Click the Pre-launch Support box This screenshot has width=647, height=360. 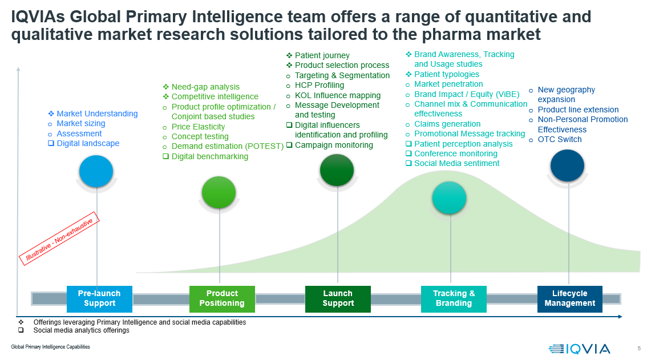click(x=99, y=299)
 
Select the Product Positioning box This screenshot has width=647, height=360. click(x=222, y=299)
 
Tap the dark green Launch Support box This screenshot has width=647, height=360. click(x=338, y=299)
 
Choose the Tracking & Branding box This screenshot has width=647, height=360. click(x=454, y=299)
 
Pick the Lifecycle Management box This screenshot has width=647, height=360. click(x=570, y=299)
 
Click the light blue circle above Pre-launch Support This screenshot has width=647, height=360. click(x=96, y=171)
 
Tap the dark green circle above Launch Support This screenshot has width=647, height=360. click(x=337, y=170)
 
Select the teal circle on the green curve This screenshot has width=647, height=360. click(x=450, y=198)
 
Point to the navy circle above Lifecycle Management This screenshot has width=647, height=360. click(x=567, y=165)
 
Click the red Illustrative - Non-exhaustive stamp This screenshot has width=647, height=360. click(x=59, y=238)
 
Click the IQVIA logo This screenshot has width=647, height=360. click(x=579, y=349)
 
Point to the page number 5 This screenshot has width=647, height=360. click(x=639, y=349)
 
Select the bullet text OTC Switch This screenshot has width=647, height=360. click(x=560, y=140)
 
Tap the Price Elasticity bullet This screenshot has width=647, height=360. click(x=198, y=127)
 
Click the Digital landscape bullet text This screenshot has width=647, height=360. click(x=88, y=143)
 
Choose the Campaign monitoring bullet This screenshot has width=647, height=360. click(x=334, y=145)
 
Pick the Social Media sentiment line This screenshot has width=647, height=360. click(x=457, y=164)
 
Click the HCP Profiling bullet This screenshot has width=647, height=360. click(x=320, y=86)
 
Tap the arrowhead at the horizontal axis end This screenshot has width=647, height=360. click(x=620, y=317)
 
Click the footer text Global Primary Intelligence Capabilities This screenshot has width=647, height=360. click(x=50, y=347)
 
